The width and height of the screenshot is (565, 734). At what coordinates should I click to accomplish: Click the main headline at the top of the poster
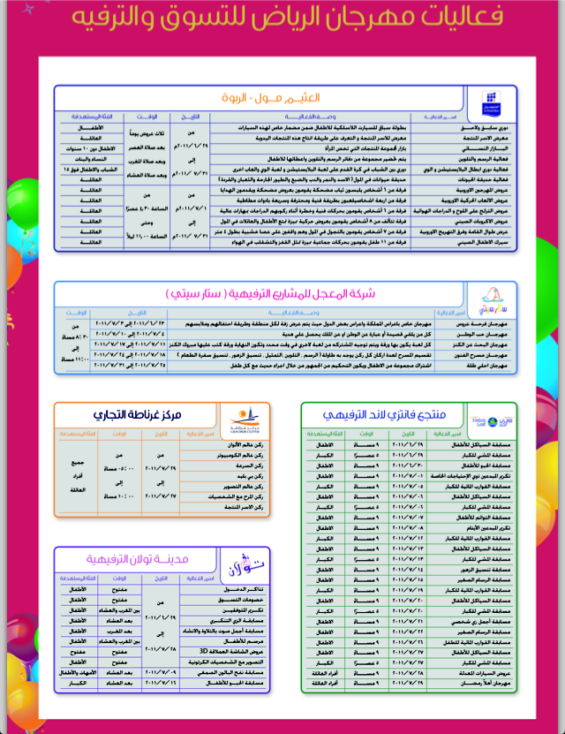pyautogui.click(x=282, y=18)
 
